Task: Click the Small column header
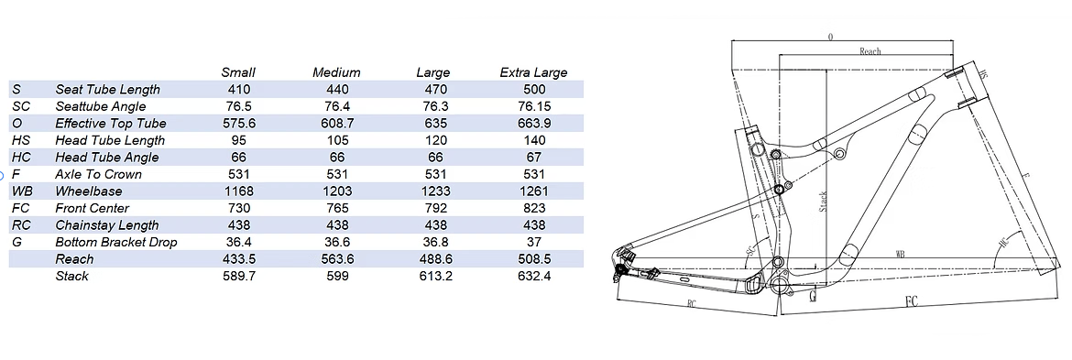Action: click(238, 72)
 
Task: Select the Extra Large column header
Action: click(533, 72)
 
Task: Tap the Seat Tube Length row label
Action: click(107, 90)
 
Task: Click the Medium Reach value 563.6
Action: click(336, 259)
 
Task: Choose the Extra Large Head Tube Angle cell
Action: click(534, 158)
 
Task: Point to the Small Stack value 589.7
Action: click(239, 276)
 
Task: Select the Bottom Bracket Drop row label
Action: click(116, 243)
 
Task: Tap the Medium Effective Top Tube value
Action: click(336, 124)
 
